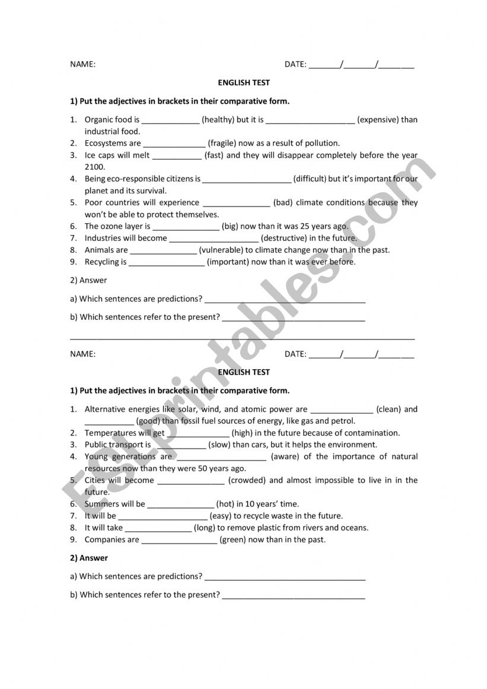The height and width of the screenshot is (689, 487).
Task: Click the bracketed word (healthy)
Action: coord(218,119)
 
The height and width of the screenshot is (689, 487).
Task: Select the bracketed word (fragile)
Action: coord(222,143)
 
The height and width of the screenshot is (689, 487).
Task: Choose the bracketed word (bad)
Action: coord(283,202)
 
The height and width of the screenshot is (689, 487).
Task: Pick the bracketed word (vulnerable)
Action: coord(221,250)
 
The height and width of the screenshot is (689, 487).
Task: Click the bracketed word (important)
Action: coord(228,262)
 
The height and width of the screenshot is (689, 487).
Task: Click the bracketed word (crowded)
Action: coord(246,480)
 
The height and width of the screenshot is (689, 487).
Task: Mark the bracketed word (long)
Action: coord(205,528)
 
